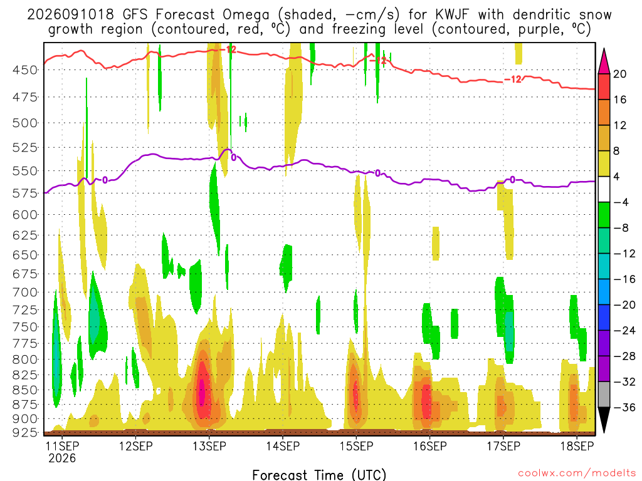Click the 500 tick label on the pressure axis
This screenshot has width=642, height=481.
click(x=25, y=123)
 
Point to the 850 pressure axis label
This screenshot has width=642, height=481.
click(x=25, y=390)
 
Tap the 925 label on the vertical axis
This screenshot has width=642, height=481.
click(x=25, y=432)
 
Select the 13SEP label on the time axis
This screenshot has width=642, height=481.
click(x=209, y=446)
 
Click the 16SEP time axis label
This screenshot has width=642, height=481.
click(x=430, y=446)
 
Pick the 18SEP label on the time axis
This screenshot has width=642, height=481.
click(x=577, y=446)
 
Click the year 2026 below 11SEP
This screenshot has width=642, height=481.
click(x=62, y=458)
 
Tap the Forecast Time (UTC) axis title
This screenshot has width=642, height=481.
click(x=319, y=475)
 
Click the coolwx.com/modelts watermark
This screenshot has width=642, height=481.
click(x=577, y=473)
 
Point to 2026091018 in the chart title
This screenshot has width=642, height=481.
click(x=70, y=15)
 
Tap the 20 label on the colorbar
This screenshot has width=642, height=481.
click(x=620, y=74)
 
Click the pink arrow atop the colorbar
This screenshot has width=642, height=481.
click(x=604, y=61)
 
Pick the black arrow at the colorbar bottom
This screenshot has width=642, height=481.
click(x=604, y=420)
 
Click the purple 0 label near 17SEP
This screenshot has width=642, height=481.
click(x=512, y=180)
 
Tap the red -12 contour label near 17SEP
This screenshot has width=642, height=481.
click(x=513, y=80)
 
